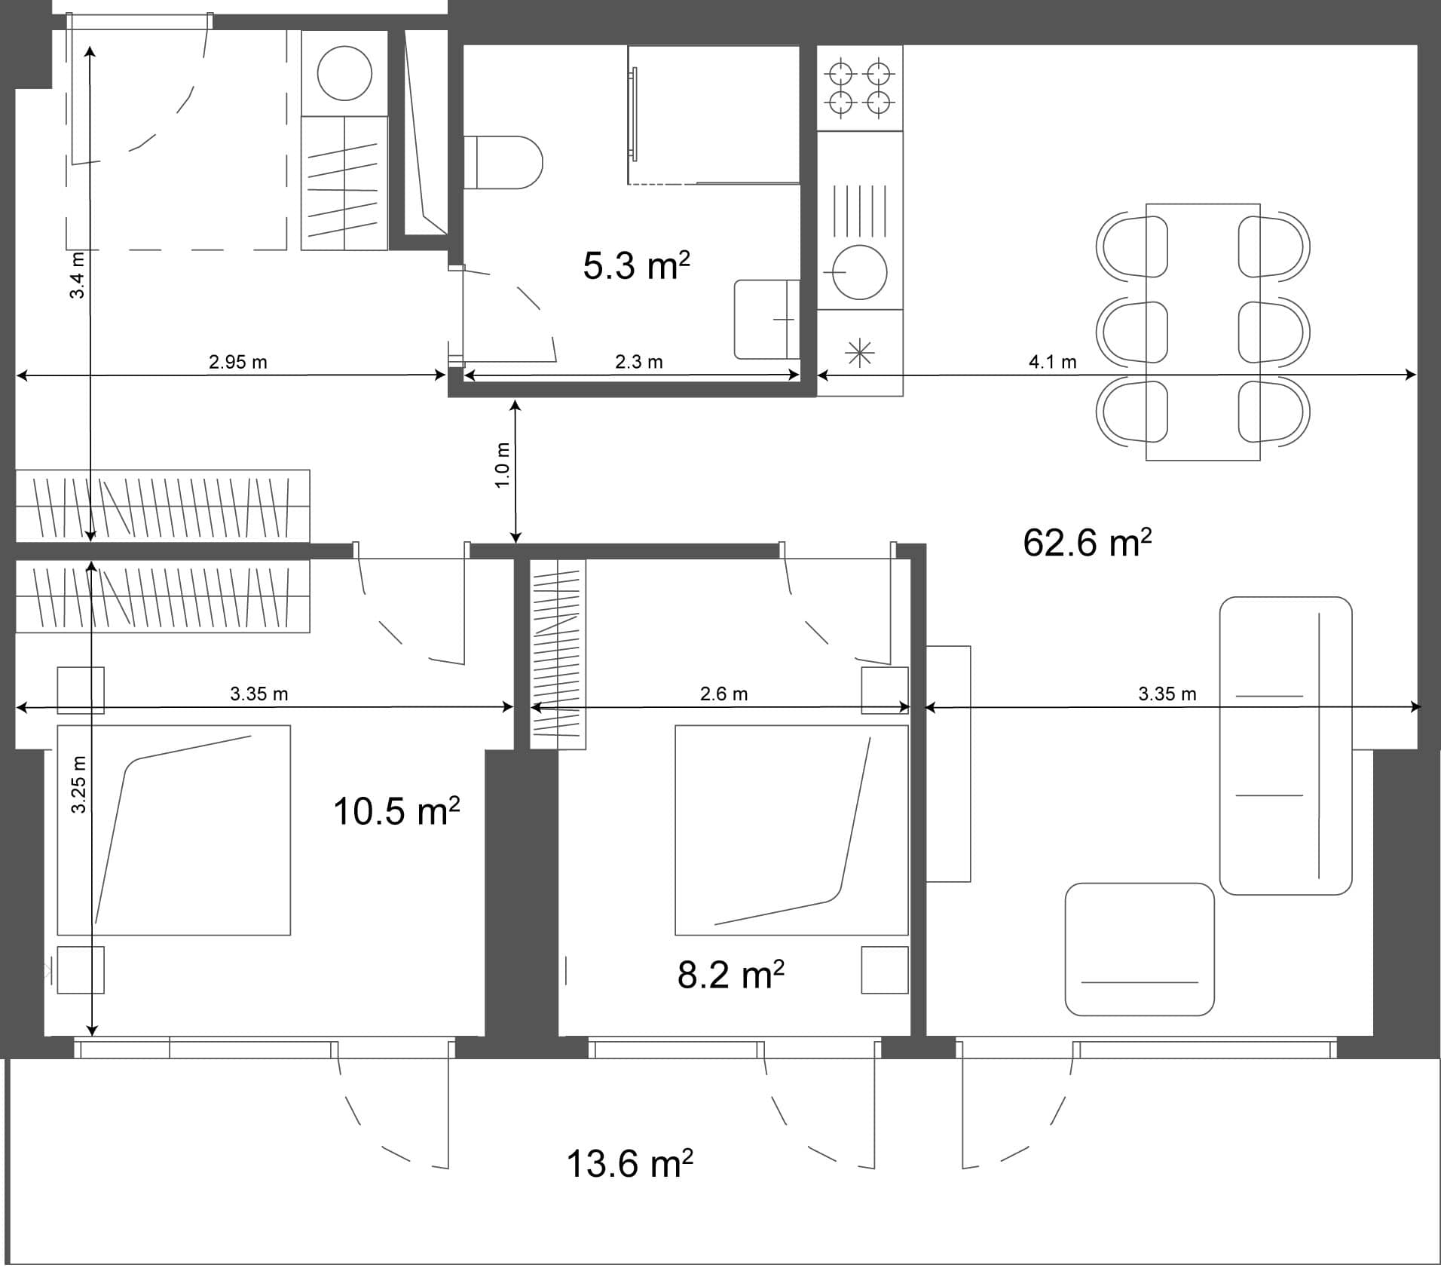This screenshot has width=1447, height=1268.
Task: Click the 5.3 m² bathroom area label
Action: coord(636,266)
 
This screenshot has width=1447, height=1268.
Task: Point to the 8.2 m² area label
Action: coord(730,975)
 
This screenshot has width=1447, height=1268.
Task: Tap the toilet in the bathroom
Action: coord(503,162)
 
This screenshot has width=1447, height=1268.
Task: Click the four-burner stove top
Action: coord(860,88)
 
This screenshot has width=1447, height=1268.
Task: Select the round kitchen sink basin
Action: coord(859,272)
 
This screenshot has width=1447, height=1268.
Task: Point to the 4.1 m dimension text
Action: coord(1052,362)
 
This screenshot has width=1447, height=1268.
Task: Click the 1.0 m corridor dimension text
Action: coord(503,465)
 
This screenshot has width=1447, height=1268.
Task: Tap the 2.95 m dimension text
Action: coord(238,362)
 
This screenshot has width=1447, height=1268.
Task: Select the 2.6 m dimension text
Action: coord(723,694)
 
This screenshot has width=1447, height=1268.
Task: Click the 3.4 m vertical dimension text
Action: coord(78,275)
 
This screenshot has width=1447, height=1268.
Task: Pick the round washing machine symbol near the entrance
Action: coord(344,73)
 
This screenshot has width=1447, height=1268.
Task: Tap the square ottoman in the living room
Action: coord(1139,950)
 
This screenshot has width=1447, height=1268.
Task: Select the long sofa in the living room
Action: coord(1285,746)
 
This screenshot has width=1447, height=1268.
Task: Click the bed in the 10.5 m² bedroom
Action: coord(173,830)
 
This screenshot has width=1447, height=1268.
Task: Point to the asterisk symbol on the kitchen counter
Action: coord(859,353)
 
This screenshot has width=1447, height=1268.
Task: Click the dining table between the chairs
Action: coord(1202,332)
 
